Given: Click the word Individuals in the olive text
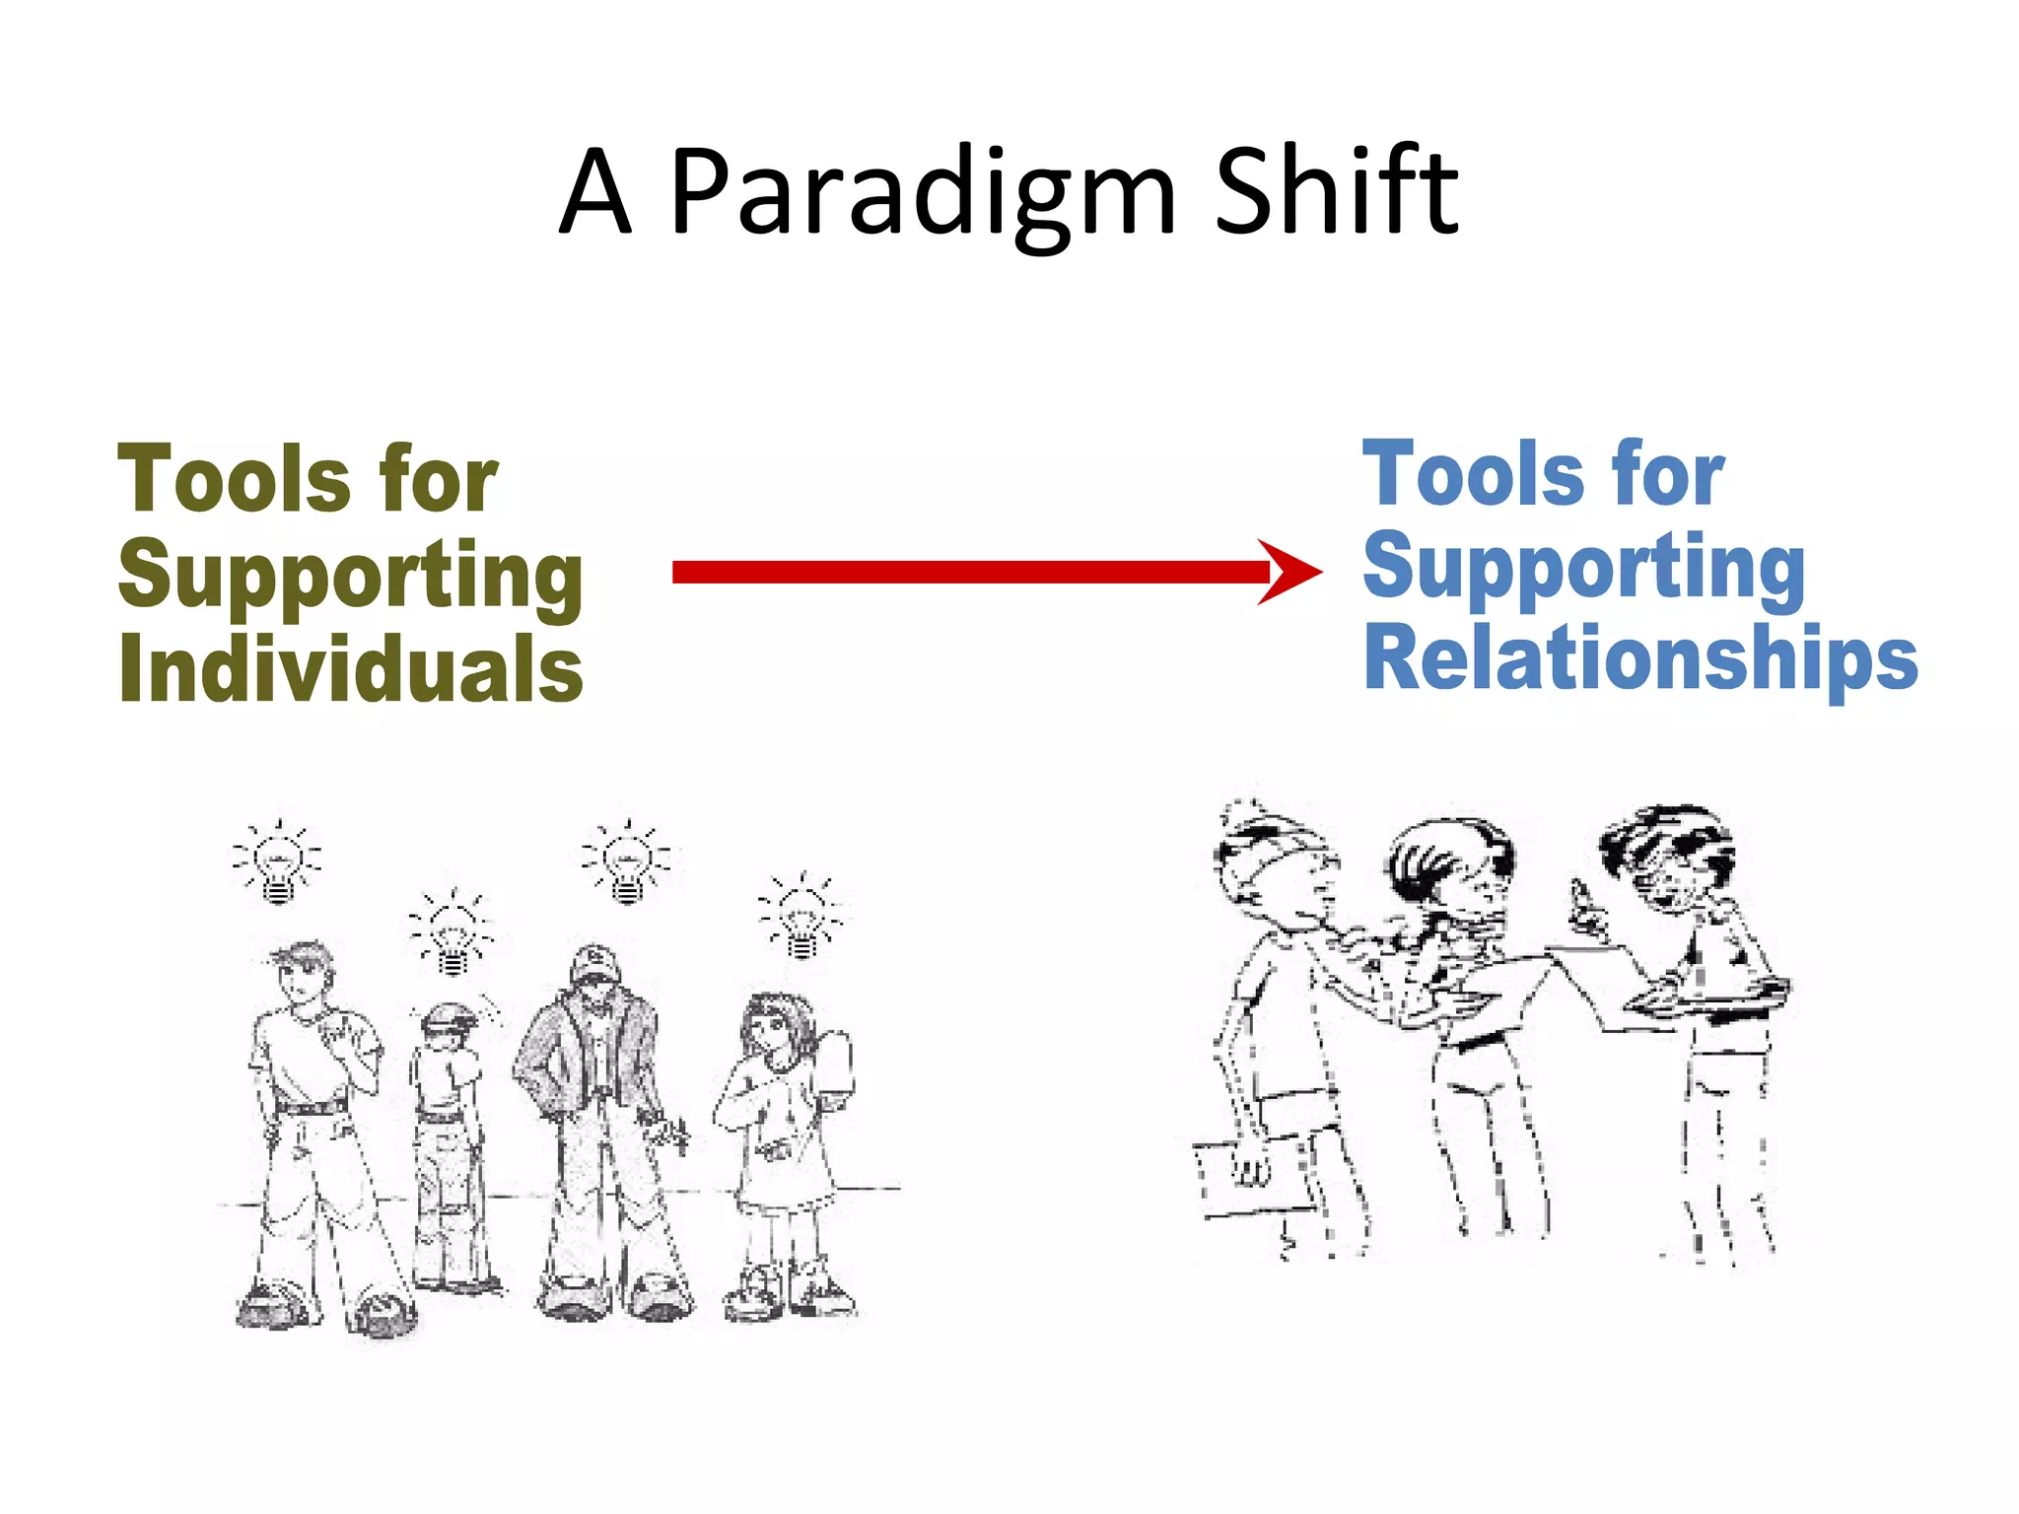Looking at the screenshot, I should (x=351, y=667).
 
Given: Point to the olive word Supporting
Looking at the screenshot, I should (x=351, y=576).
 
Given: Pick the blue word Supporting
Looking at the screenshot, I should (x=1583, y=567).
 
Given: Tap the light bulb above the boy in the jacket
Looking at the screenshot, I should (x=627, y=860).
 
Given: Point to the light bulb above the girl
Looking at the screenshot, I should (x=801, y=915).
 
